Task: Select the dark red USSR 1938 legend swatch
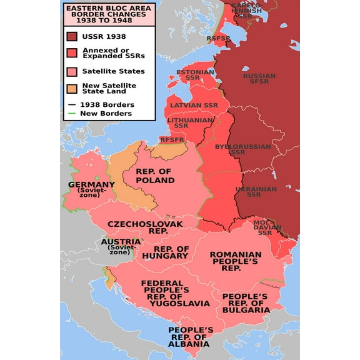click(72, 36)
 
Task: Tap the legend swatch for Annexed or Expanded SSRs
click(72, 54)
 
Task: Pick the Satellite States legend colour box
click(72, 71)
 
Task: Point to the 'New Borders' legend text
click(106, 113)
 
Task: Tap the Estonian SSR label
click(195, 76)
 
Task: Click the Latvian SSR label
click(194, 105)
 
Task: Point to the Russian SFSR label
click(259, 80)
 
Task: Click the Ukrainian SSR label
click(256, 191)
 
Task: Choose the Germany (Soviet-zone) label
click(92, 189)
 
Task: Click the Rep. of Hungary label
click(165, 252)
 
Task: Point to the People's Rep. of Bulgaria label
click(245, 302)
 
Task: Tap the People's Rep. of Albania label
click(191, 336)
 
